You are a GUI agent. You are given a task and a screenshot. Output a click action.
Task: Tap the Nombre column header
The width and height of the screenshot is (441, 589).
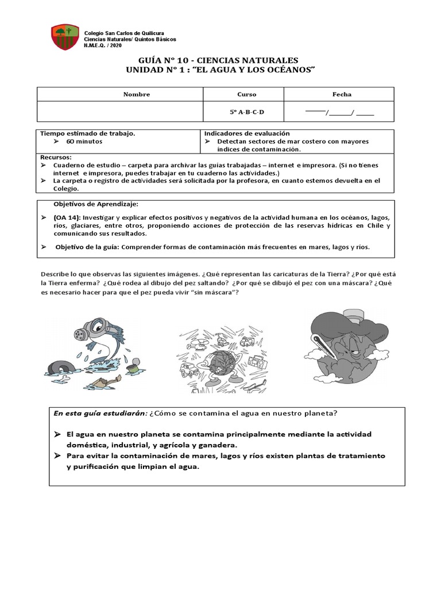136,94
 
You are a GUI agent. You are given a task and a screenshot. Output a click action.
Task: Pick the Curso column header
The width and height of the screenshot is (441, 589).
247,94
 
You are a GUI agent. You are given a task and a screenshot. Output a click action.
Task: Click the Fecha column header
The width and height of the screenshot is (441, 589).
342,94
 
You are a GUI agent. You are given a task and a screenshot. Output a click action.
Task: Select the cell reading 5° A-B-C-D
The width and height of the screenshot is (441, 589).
247,112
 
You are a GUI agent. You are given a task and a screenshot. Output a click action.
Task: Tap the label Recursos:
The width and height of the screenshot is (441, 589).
56,157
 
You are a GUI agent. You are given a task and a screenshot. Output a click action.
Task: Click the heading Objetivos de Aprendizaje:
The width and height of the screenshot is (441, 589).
95,204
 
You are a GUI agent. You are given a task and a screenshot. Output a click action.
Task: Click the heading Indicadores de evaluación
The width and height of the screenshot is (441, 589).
247,133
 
